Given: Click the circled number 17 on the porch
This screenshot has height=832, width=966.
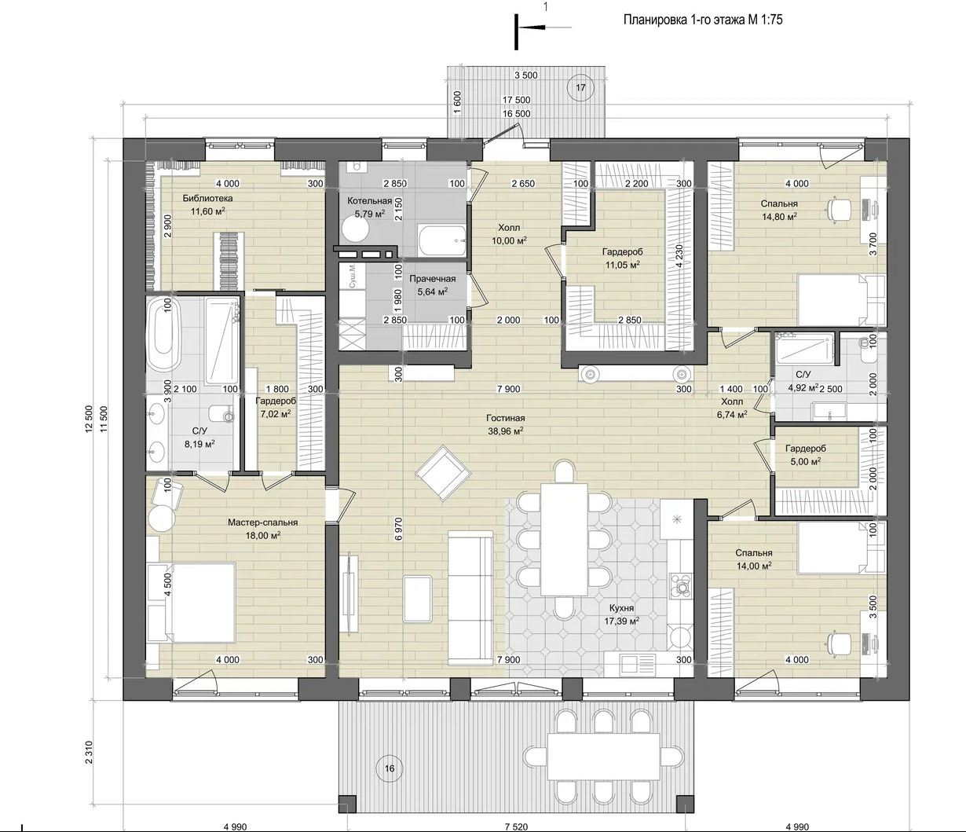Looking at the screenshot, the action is point(580,87).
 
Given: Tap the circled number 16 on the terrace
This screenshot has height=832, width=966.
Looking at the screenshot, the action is point(390,768).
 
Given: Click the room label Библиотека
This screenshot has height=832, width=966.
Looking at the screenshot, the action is point(207,198).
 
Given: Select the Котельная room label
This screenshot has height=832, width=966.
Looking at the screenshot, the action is point(369,201).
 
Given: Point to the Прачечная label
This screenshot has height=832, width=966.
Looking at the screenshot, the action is point(432,279).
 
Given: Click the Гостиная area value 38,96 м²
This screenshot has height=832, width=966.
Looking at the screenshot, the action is point(505,431).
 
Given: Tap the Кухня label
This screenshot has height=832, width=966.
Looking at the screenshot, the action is point(621,608).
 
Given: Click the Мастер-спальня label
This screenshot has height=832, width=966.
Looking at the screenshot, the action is point(262,522).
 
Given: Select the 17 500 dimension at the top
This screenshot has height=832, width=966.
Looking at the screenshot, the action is point(517,100).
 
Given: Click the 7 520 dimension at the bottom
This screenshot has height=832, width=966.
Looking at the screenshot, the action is point(516,827).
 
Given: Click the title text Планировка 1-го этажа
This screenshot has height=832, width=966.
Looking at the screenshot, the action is point(680,20).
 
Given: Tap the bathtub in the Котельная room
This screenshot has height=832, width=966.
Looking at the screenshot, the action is point(442,240).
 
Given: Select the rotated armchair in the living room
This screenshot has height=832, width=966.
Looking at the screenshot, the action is point(443,473).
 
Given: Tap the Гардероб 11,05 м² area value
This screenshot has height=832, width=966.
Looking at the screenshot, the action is point(622,265).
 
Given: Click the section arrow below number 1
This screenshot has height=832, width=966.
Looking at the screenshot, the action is point(544,27).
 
